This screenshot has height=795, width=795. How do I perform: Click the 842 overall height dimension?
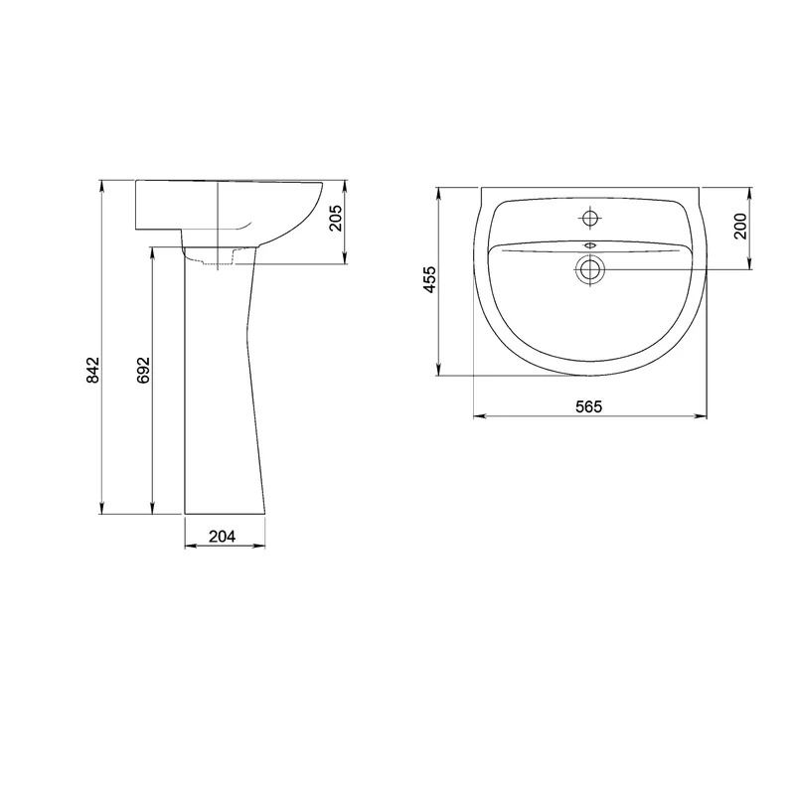point(92,370)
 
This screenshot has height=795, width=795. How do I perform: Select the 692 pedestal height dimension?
point(143,370)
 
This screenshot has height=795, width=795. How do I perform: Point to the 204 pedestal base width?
point(223,536)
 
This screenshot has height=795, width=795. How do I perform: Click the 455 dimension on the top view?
point(430,279)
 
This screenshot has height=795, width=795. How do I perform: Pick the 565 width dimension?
point(589,406)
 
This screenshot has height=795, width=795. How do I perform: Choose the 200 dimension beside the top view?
point(740,227)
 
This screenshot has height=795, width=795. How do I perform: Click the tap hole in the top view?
point(589,219)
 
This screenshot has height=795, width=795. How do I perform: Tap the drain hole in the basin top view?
point(589,269)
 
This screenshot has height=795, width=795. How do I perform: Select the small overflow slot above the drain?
point(589,245)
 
